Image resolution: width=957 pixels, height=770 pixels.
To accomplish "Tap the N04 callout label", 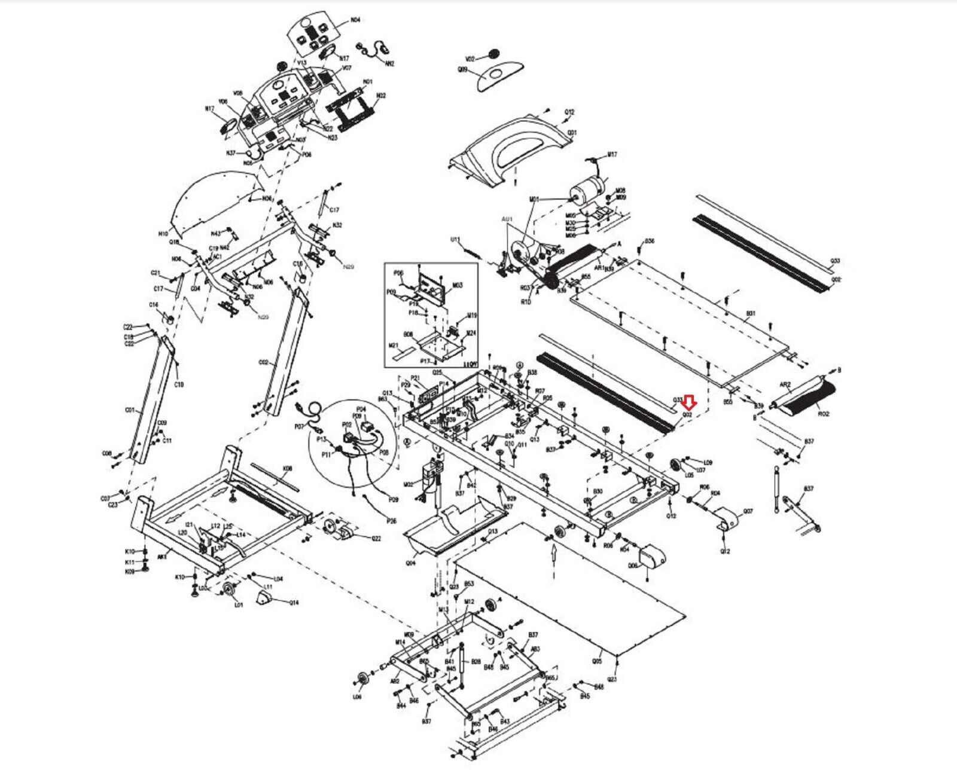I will click(355, 20).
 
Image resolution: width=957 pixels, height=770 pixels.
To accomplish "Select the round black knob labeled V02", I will click(493, 55).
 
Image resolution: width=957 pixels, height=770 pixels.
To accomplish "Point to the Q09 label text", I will click(462, 70).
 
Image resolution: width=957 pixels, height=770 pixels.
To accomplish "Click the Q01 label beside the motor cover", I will click(572, 132).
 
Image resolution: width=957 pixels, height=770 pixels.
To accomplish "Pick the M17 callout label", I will click(612, 155).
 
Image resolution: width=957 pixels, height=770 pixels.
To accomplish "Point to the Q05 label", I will click(596, 661).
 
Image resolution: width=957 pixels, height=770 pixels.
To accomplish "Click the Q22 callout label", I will click(376, 538).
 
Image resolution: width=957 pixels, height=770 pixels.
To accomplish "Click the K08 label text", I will click(287, 469).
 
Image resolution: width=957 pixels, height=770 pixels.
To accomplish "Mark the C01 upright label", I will click(130, 411).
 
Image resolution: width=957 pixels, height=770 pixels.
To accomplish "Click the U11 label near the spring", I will click(455, 240).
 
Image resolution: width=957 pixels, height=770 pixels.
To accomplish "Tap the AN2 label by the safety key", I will click(390, 63).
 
